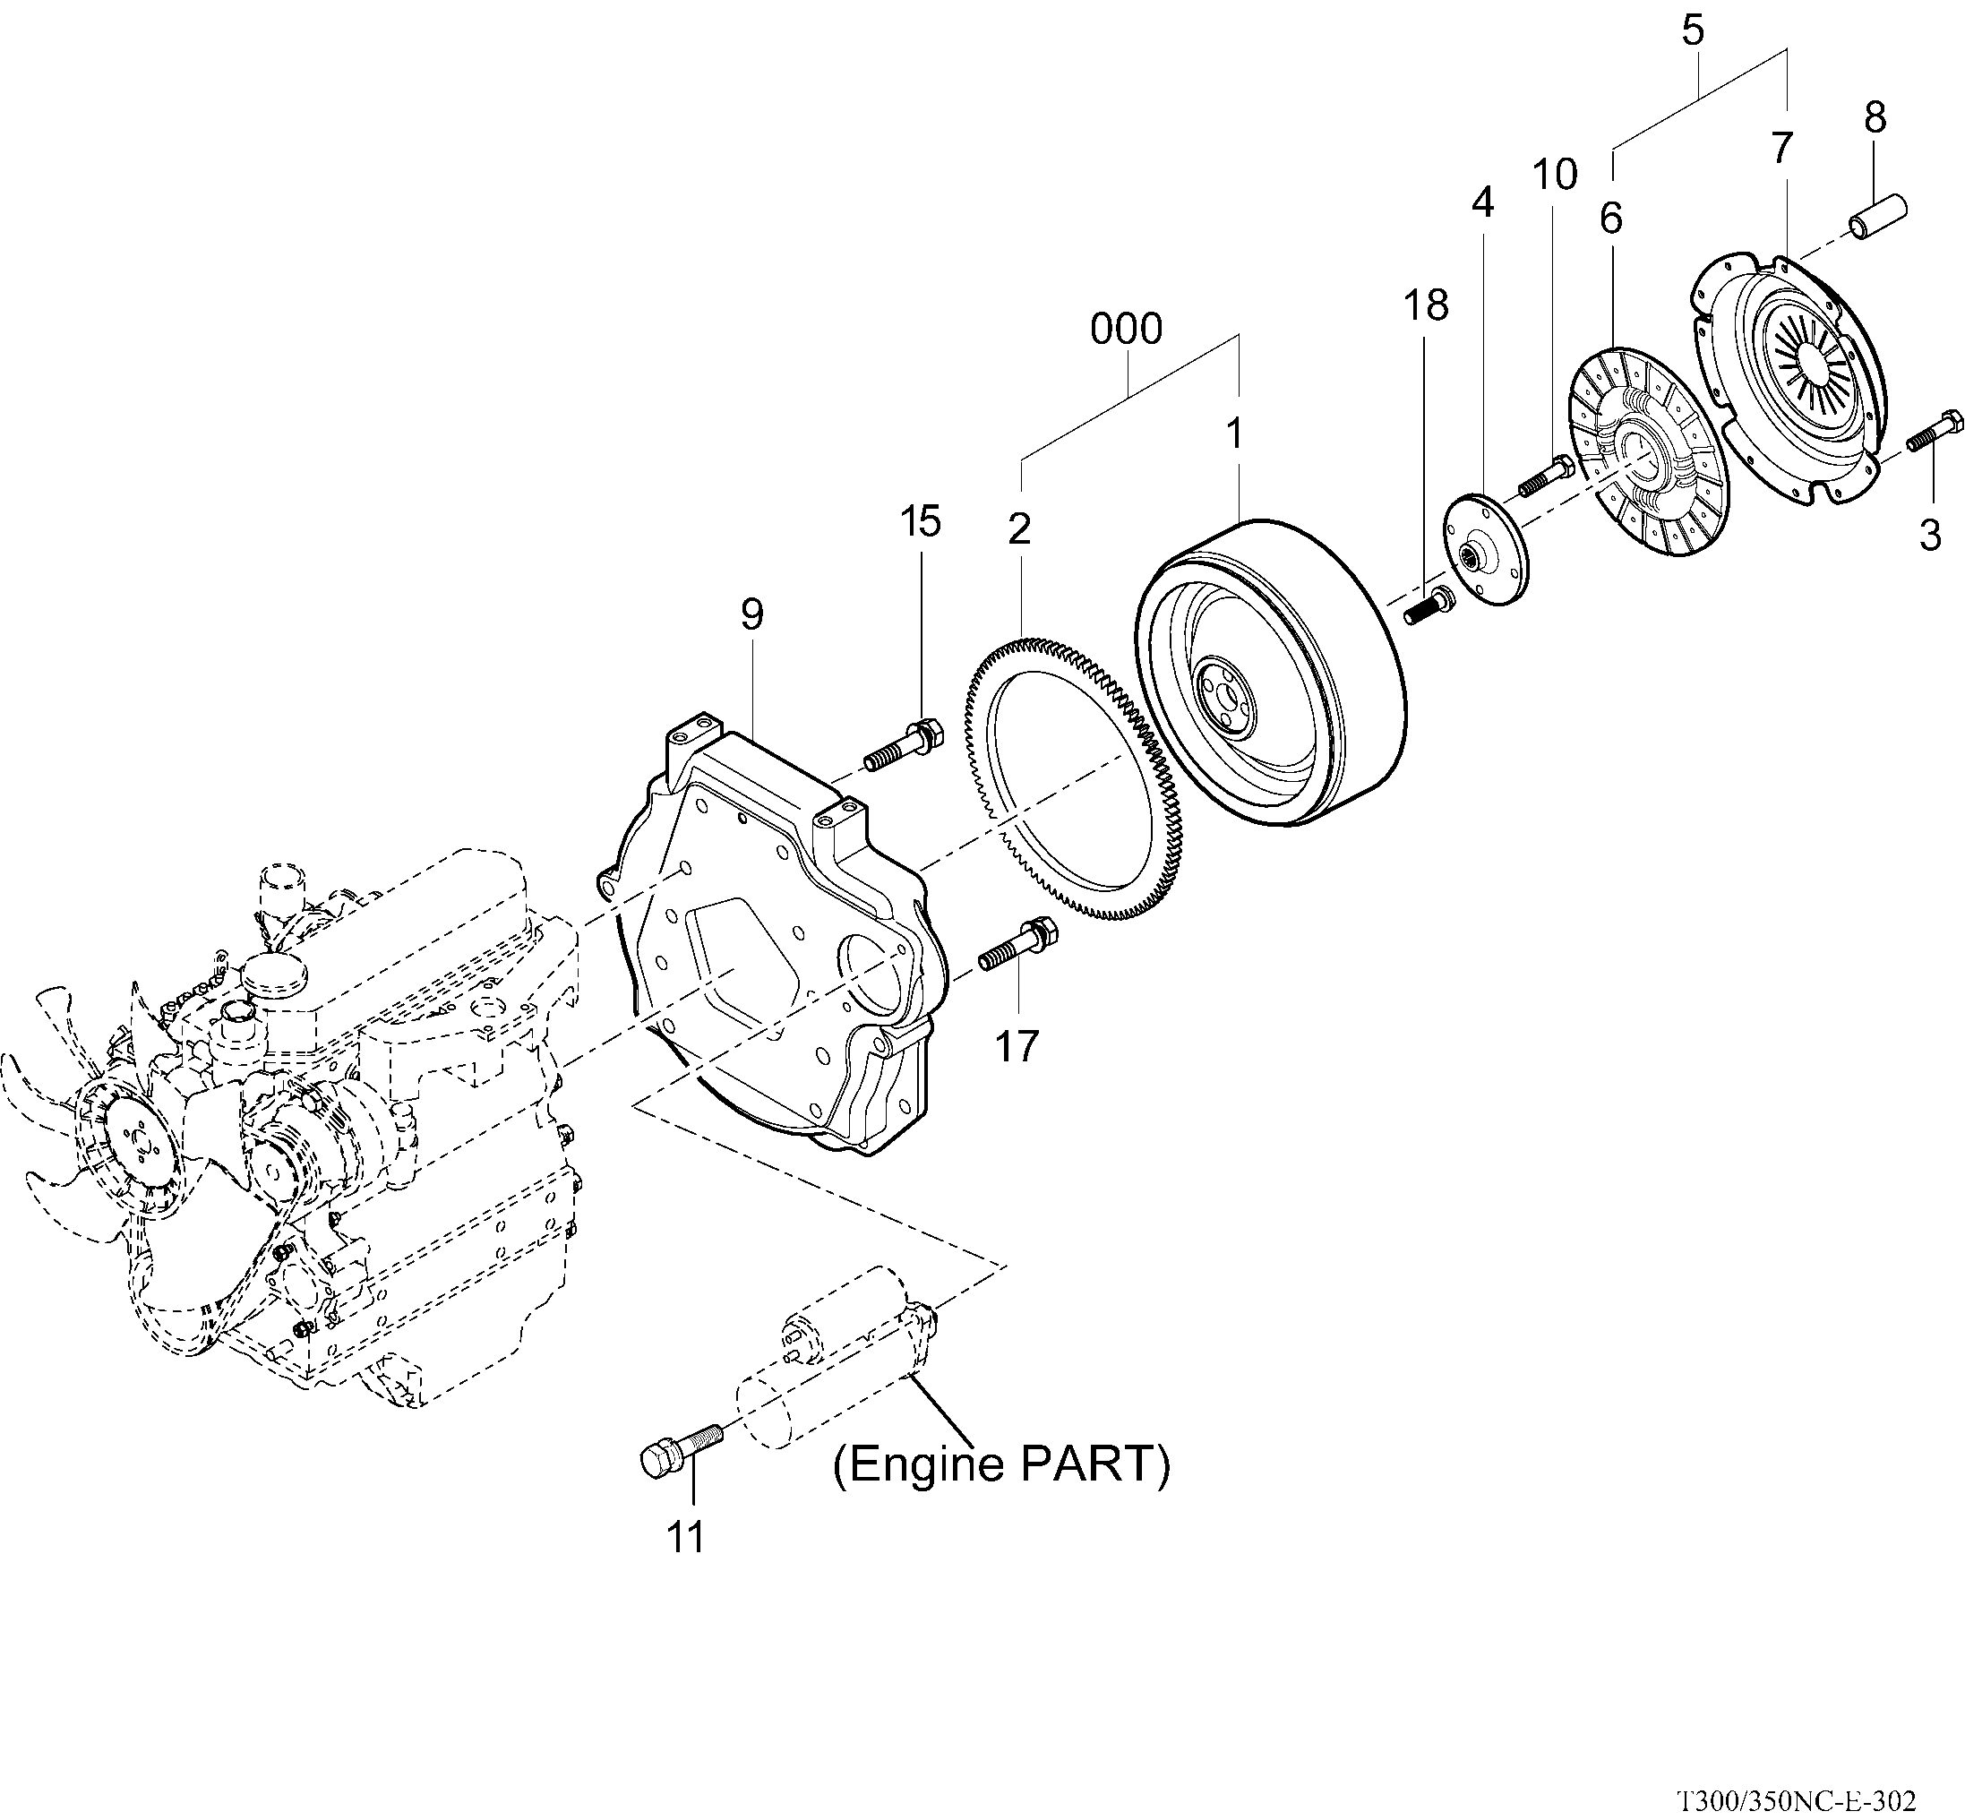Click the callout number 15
(920, 521)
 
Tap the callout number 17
(1017, 1046)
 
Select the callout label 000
(1126, 329)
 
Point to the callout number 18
(1425, 306)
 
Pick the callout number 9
(751, 614)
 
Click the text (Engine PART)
(1001, 1464)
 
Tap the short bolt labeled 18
(1429, 604)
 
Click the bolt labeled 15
(902, 745)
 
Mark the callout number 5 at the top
(1692, 30)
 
